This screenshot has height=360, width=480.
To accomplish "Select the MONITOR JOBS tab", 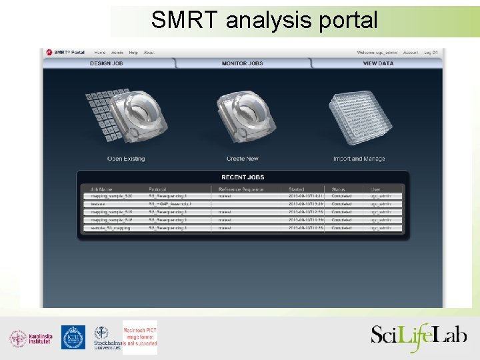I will pyautogui.click(x=242, y=63).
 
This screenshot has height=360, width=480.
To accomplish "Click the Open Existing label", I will pyautogui.click(x=126, y=159).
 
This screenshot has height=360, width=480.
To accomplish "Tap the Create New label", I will pyautogui.click(x=242, y=159).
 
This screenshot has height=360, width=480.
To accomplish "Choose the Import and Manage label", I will pyautogui.click(x=359, y=159).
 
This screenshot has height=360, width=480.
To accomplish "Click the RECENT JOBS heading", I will pyautogui.click(x=242, y=177).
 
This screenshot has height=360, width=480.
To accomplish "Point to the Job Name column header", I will pyautogui.click(x=102, y=189).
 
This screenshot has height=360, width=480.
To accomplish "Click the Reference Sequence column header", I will pyautogui.click(x=241, y=189).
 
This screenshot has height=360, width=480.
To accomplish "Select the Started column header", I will pyautogui.click(x=297, y=189).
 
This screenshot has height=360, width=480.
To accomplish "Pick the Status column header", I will pyautogui.click(x=339, y=189).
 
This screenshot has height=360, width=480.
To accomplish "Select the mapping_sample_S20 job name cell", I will pyautogui.click(x=111, y=196).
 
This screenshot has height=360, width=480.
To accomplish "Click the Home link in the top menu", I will pyautogui.click(x=99, y=52).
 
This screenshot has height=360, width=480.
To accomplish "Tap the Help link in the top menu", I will pyautogui.click(x=133, y=52).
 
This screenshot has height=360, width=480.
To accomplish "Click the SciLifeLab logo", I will pyautogui.click(x=419, y=335).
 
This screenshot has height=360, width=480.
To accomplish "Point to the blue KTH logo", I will pyautogui.click(x=73, y=337).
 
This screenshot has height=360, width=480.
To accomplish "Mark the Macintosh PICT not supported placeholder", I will pyautogui.click(x=140, y=337).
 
